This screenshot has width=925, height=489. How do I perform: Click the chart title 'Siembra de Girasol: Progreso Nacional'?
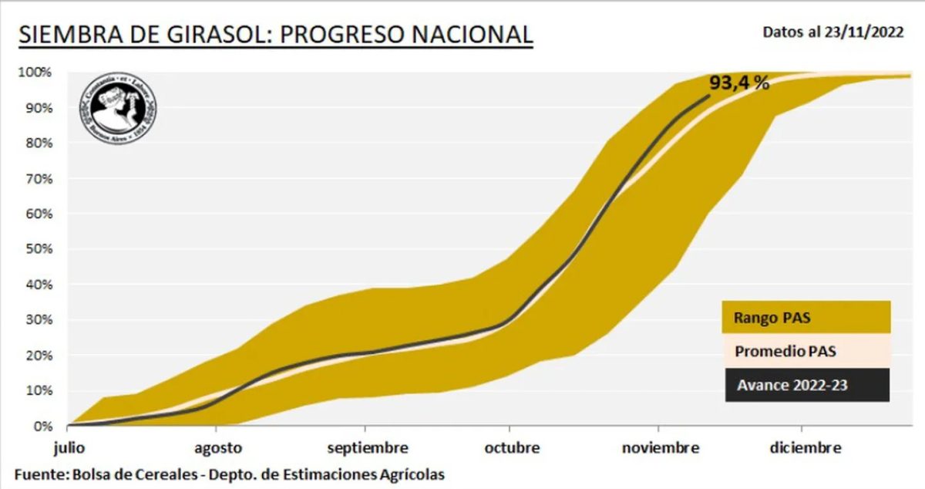275,35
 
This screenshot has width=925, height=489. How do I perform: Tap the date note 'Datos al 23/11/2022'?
832,32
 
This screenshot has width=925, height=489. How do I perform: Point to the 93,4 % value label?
739,83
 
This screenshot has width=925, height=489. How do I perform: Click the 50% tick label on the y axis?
36,249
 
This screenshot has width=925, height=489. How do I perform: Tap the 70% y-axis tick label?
36,179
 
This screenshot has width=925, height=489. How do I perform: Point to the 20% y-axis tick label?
36,355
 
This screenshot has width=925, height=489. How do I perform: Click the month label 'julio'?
68,448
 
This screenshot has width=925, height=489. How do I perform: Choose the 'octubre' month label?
511,448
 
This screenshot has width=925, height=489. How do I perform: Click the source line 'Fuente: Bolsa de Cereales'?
230,474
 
